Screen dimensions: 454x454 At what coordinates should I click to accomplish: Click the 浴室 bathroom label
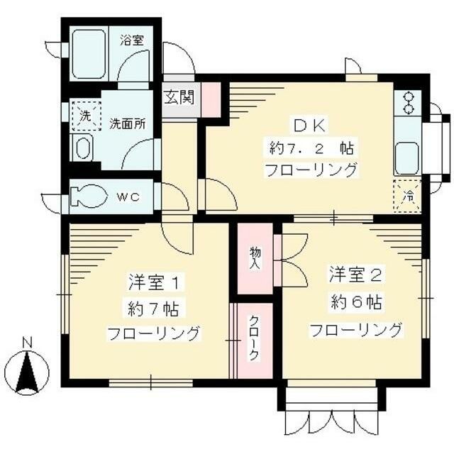(x=131, y=40)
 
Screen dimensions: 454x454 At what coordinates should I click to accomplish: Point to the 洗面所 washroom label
(x=128, y=123)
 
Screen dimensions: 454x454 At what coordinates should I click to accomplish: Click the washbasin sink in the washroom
(x=83, y=150)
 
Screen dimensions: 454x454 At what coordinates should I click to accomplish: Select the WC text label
(x=127, y=196)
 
